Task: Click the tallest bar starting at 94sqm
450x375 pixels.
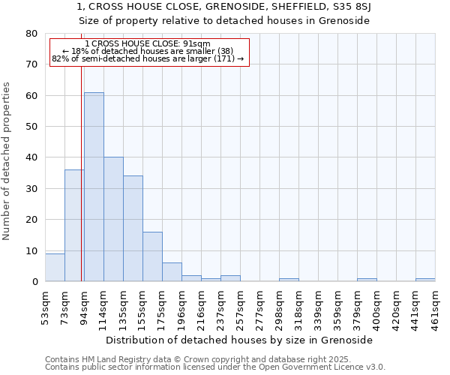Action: [x=94, y=187]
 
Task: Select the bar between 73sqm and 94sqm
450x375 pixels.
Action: [x=74, y=225]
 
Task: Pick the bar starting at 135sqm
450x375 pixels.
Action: [x=133, y=229]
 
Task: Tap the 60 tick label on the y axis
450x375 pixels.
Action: [x=31, y=96]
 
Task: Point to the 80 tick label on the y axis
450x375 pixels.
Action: [x=31, y=34]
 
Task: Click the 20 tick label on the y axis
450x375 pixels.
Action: [x=31, y=220]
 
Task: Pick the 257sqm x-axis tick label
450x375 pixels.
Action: [x=241, y=306]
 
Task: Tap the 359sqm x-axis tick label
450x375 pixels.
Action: [x=338, y=306]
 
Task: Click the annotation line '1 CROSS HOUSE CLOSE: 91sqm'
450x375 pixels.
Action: [x=148, y=43]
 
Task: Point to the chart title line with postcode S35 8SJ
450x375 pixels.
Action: [x=224, y=7]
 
